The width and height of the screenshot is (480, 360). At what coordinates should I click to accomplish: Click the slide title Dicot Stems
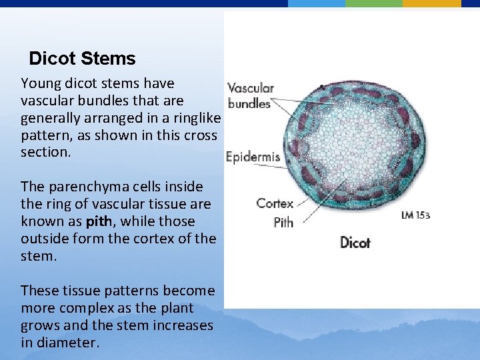(x=82, y=59)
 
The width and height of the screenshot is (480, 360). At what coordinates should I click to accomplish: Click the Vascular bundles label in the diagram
(x=250, y=95)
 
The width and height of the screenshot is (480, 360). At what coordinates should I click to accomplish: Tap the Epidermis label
(x=253, y=158)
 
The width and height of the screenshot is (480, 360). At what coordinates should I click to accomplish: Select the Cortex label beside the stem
(x=275, y=203)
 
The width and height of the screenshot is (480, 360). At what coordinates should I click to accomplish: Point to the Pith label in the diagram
(x=283, y=222)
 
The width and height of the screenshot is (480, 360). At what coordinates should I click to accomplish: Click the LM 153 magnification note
(x=415, y=215)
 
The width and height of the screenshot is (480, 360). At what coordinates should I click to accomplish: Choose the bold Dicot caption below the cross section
(x=355, y=242)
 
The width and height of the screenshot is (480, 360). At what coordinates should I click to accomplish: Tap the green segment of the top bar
(x=373, y=3)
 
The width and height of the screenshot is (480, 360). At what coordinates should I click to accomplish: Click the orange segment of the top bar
(x=431, y=3)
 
